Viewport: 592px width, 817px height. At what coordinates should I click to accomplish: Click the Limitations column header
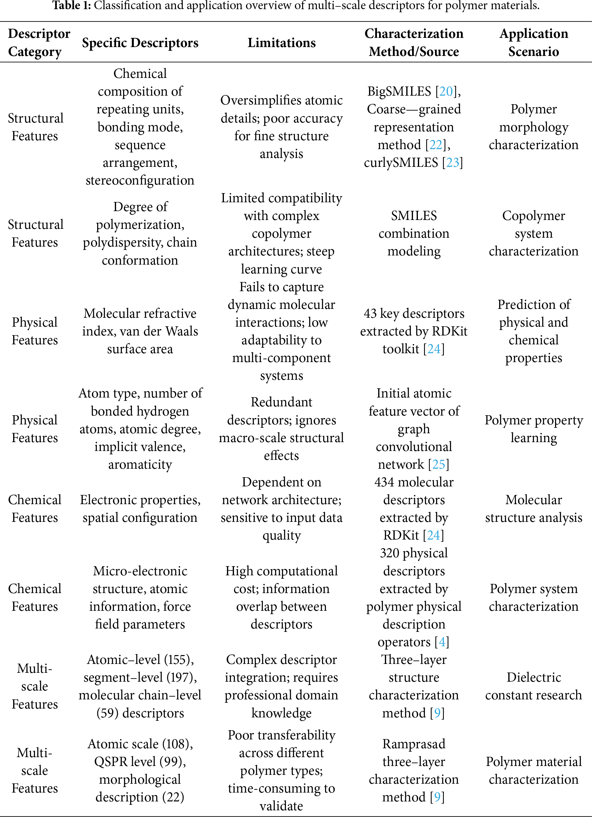pyautogui.click(x=281, y=42)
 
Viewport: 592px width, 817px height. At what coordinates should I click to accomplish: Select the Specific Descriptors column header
pyautogui.click(x=140, y=42)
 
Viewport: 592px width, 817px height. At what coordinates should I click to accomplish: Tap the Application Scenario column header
pyautogui.click(x=533, y=42)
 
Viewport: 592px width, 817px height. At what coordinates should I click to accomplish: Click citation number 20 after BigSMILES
pyautogui.click(x=446, y=91)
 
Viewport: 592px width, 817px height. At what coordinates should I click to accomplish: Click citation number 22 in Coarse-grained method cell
pyautogui.click(x=436, y=145)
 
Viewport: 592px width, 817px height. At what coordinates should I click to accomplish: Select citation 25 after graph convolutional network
pyautogui.click(x=439, y=464)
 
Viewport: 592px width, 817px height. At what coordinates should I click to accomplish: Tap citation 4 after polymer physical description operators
pyautogui.click(x=442, y=642)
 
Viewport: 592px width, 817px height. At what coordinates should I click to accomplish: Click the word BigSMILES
pyautogui.click(x=399, y=91)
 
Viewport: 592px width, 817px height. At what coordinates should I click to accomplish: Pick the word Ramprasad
pyautogui.click(x=414, y=744)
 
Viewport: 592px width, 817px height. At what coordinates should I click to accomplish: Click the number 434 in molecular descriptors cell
pyautogui.click(x=384, y=482)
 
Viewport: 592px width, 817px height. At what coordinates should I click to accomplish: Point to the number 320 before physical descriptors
pyautogui.click(x=389, y=553)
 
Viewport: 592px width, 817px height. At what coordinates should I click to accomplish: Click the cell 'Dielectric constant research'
pyautogui.click(x=533, y=686)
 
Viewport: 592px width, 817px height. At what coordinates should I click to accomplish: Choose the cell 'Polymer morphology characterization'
pyautogui.click(x=533, y=127)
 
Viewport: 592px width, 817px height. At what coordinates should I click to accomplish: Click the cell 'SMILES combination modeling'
pyautogui.click(x=414, y=233)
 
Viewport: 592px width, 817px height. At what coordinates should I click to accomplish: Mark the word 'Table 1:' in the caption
pyautogui.click(x=72, y=5)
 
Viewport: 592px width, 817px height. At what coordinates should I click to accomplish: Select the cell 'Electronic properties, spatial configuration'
pyautogui.click(x=140, y=509)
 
